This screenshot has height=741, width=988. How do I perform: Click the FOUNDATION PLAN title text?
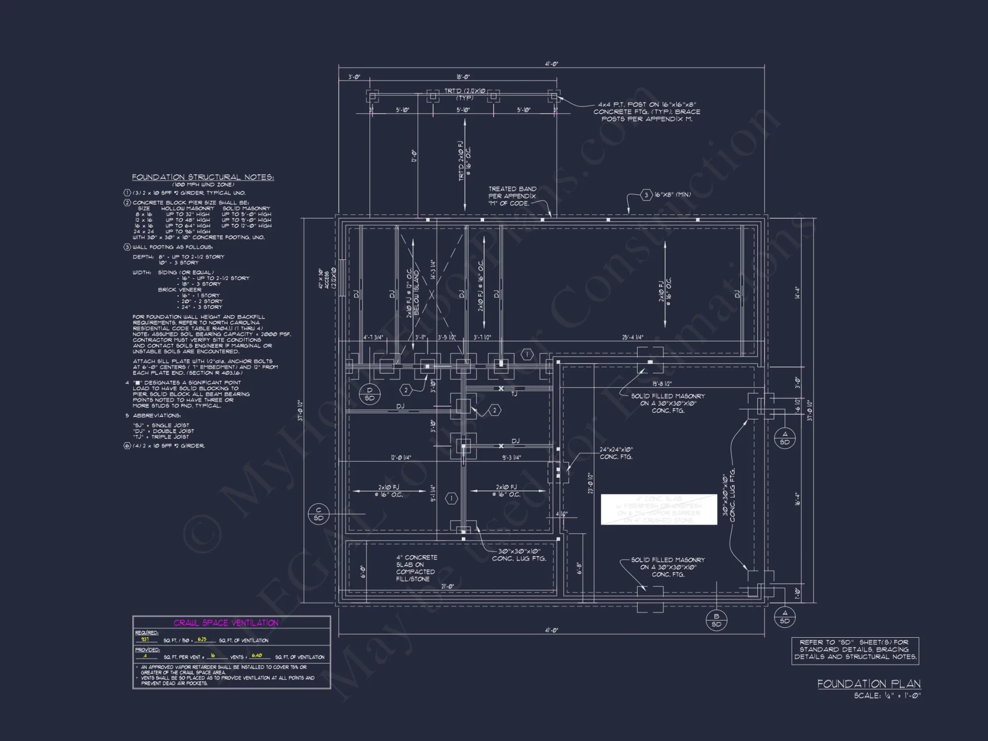tap(868, 684)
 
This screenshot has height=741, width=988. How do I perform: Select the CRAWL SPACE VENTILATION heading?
tap(226, 623)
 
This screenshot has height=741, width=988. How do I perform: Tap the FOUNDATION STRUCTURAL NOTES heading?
tap(203, 177)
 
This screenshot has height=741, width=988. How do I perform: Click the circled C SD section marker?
tap(319, 514)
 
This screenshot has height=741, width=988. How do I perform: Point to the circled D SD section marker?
tap(370, 394)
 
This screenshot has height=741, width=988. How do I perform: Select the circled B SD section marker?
tap(716, 620)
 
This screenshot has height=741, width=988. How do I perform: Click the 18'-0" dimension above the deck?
tap(463, 77)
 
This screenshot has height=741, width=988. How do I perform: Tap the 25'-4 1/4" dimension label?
tap(632, 337)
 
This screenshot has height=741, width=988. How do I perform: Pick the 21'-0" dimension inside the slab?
tap(447, 586)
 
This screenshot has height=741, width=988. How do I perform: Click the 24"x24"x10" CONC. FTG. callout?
tap(616, 453)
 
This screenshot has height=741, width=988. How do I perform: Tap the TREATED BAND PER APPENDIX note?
tap(512, 196)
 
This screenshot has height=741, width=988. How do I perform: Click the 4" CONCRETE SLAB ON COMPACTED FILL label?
tap(416, 568)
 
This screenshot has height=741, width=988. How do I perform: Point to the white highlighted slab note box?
tap(659, 509)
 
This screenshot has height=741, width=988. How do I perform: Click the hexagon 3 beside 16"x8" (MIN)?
tap(646, 195)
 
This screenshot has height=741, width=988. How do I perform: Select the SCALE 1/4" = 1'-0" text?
tap(887, 696)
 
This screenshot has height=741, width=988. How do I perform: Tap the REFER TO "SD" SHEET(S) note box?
tap(855, 650)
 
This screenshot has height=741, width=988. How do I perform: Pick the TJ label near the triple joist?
tap(514, 394)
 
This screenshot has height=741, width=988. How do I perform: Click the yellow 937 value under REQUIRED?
tap(145, 639)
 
